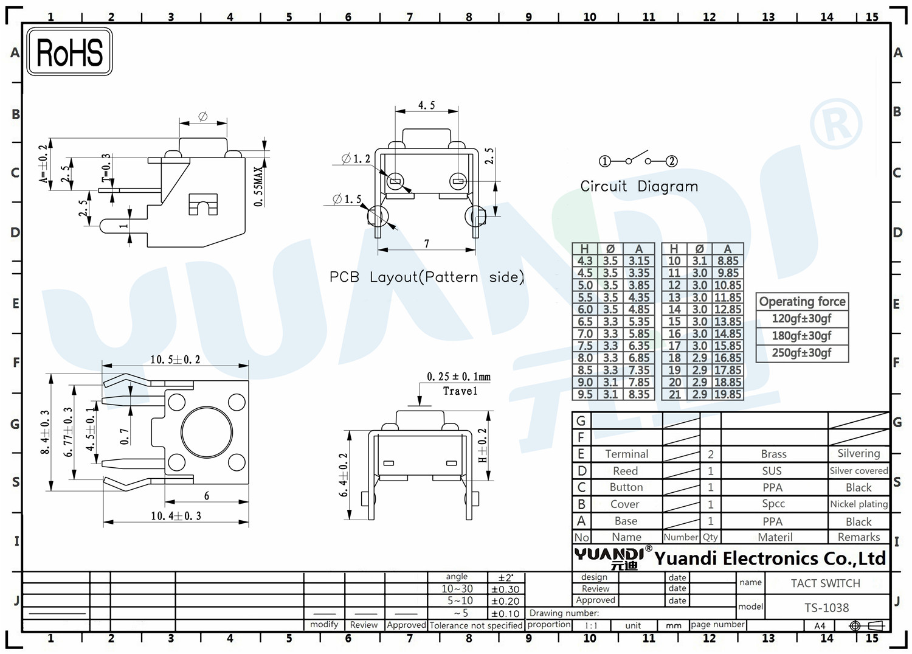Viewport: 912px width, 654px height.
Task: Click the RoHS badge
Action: (70, 52)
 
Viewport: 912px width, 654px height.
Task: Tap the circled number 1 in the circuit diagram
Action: (604, 161)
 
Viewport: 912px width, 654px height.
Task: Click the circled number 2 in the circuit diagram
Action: (671, 161)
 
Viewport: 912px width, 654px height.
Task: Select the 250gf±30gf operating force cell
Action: (802, 353)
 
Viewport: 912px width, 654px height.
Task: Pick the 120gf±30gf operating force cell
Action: (802, 319)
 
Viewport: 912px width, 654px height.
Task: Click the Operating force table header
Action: (802, 302)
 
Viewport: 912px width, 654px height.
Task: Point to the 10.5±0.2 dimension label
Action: (175, 360)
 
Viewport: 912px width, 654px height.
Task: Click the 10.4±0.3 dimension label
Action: (176, 516)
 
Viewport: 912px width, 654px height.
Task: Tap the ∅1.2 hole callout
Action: (356, 159)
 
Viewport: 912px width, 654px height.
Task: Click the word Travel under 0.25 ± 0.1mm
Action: (460, 391)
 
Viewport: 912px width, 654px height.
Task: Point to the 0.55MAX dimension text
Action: (258, 187)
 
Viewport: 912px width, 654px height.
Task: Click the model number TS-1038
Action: (826, 608)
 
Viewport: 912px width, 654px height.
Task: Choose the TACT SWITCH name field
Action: (825, 583)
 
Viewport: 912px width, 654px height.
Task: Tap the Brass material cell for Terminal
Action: (773, 454)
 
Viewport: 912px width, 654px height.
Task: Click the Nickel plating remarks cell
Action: (858, 504)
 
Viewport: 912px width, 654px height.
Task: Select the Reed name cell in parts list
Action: (626, 471)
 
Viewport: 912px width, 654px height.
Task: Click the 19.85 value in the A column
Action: (728, 394)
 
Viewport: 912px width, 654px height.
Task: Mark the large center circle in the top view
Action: (207, 432)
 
